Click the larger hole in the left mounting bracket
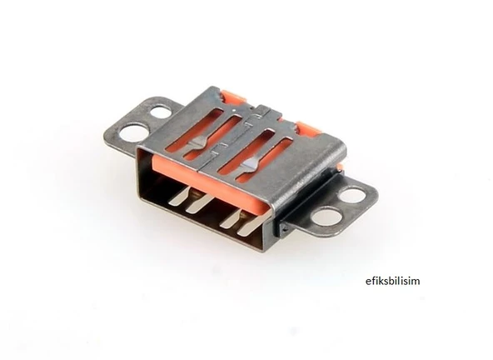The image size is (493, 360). click(133, 132)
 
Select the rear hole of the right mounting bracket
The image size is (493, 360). click(352, 195)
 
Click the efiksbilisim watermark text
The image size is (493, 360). click(392, 281)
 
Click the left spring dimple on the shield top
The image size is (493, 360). click(195, 143)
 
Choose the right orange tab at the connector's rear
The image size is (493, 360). click(309, 130)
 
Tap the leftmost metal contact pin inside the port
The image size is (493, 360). click(177, 196)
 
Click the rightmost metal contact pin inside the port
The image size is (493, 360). click(253, 223)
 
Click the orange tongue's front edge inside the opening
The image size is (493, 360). click(208, 185)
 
